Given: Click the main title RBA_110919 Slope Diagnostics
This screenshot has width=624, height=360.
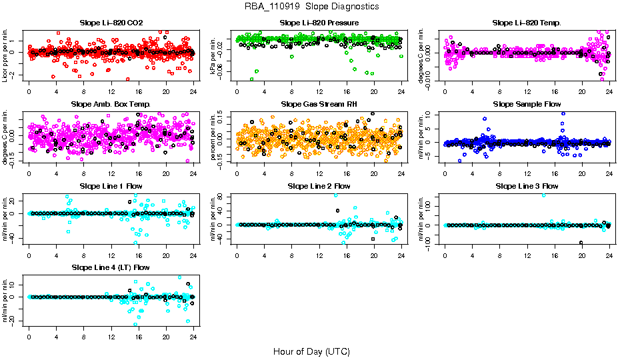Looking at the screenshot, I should coord(312,6).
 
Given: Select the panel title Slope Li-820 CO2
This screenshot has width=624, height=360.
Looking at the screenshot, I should coord(111,23).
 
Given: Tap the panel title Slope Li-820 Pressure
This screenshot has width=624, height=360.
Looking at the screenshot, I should coord(319,23).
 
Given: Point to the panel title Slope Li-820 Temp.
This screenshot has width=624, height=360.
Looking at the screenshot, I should coord(527,23).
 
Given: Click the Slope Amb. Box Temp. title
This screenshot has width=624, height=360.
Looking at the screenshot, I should coord(111,105).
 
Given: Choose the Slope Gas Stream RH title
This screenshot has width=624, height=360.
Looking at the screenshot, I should coord(319,105).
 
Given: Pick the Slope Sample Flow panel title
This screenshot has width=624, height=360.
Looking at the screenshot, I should coord(527,105).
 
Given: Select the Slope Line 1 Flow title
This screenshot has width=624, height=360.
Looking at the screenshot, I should coord(111,186).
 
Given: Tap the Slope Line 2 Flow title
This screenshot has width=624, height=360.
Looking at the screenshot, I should coord(319,186).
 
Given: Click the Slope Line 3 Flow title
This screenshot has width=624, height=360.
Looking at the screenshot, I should coord(527,186).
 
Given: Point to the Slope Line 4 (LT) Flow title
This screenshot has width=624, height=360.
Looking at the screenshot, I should coord(111,268).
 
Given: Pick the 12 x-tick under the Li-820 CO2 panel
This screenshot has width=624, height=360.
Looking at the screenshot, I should coord(111,91).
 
